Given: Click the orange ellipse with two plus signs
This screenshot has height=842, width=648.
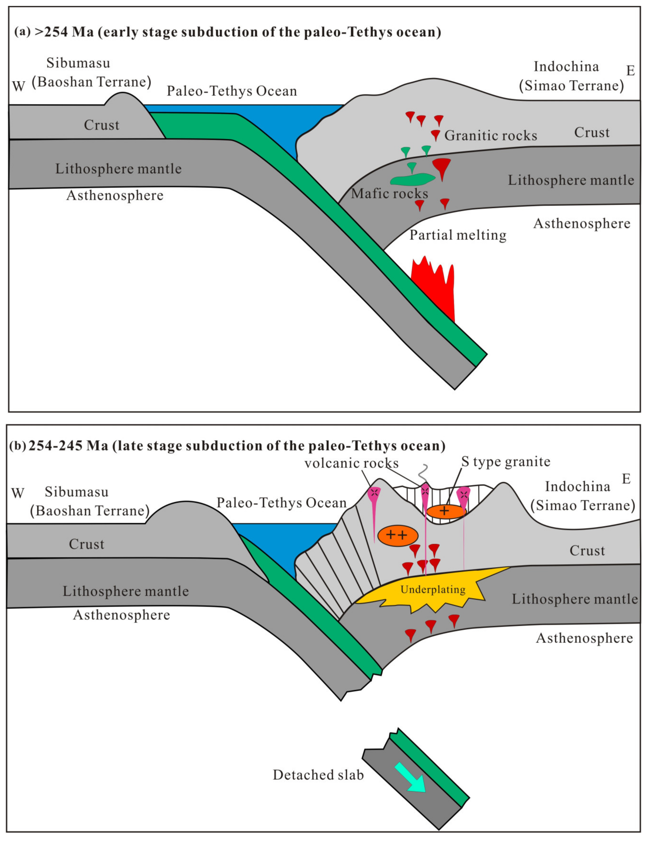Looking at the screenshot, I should tap(397, 535).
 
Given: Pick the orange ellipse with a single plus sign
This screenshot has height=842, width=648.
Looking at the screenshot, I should tap(446, 511).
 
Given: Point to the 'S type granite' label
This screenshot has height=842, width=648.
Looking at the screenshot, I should tap(506, 461).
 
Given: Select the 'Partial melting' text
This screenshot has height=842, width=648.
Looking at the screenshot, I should tap(458, 235).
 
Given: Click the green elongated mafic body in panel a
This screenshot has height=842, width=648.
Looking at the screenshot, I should tap(412, 179).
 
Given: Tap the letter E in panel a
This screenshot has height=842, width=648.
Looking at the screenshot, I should tap(630, 71).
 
